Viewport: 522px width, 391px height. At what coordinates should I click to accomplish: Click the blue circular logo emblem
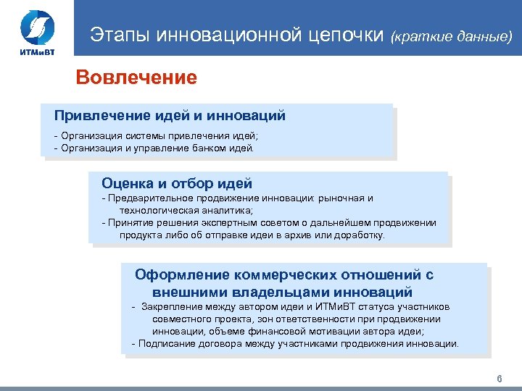coord(36,28)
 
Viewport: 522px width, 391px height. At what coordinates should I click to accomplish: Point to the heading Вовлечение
coord(137,77)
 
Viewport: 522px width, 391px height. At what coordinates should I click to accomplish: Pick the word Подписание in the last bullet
coord(164,343)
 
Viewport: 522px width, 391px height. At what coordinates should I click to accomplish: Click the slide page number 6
coord(499,379)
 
